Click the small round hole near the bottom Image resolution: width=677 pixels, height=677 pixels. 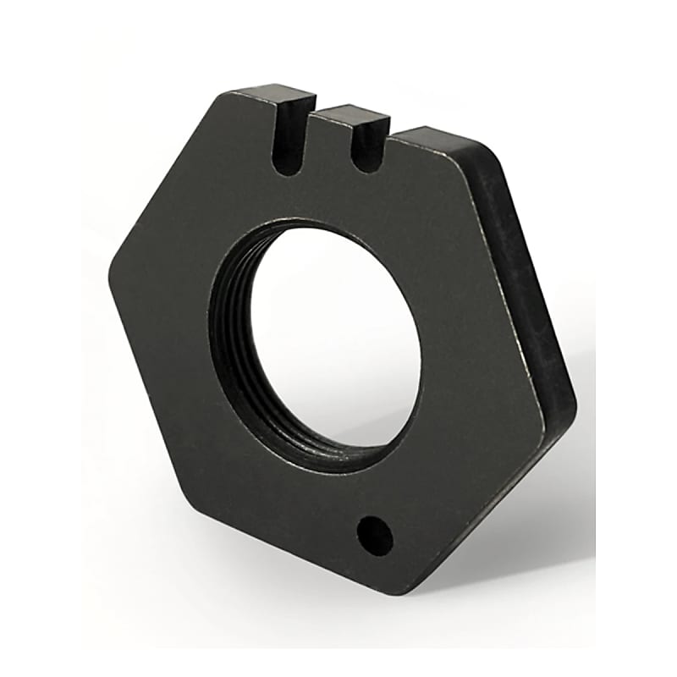[x=375, y=535]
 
